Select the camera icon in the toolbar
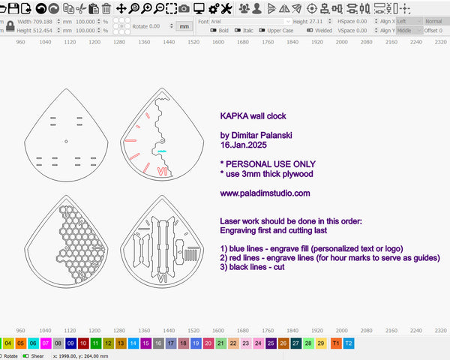coord(183,8)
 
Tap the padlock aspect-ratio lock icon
coord(10,25)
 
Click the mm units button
coord(184,25)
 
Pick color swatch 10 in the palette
coord(83,343)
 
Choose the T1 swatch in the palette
coord(335,343)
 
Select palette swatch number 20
coord(208,343)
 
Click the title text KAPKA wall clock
coord(253,116)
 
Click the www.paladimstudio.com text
coord(265,193)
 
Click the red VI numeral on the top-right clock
coord(161,172)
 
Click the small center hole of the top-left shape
coord(66,141)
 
